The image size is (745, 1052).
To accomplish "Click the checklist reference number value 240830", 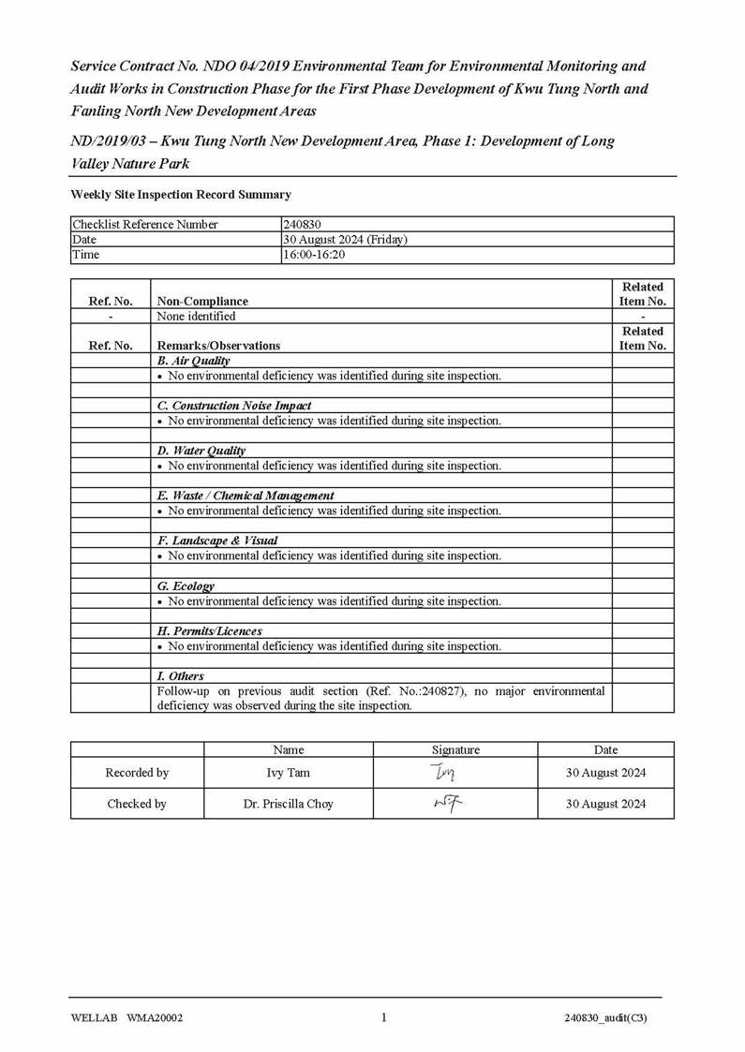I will click(301, 225).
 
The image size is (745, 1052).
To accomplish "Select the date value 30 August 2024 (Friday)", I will click(345, 240).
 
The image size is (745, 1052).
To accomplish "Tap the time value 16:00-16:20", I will click(314, 255).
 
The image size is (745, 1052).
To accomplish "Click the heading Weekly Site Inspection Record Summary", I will click(181, 195).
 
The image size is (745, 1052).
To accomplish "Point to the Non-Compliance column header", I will click(202, 302).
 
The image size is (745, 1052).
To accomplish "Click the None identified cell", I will click(197, 317).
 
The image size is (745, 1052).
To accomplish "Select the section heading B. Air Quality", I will click(193, 361).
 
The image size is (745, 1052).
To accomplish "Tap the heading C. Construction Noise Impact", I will click(233, 406).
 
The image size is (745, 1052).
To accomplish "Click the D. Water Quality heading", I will click(201, 451).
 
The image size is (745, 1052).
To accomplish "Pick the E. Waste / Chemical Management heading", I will click(245, 496).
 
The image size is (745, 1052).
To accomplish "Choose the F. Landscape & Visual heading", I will click(216, 541).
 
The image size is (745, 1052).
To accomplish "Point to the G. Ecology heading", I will click(186, 586).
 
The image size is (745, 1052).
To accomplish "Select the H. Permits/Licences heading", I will click(209, 631).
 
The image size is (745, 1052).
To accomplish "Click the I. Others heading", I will click(180, 676).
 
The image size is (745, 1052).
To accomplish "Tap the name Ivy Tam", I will click(288, 773).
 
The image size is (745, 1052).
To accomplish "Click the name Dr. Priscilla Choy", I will click(288, 804).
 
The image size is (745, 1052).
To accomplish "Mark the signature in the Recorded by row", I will click(442, 773).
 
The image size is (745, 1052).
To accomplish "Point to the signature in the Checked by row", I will click(447, 803).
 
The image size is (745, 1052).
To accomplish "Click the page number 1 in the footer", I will click(384, 1018).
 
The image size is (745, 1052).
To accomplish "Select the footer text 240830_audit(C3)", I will click(605, 1019).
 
